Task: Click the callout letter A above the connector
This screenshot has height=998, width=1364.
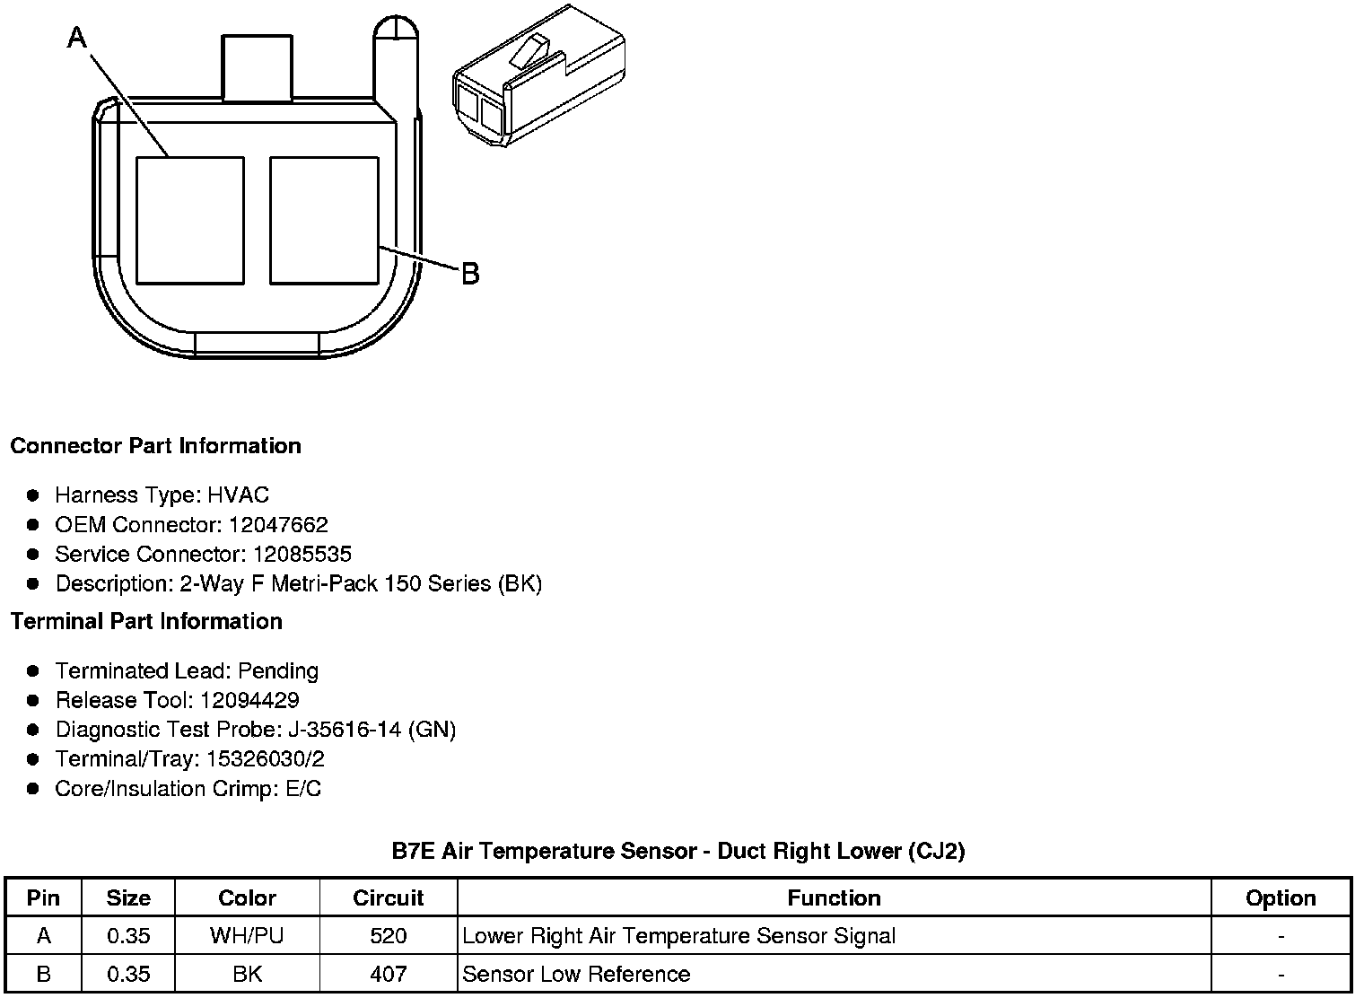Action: pyautogui.click(x=77, y=38)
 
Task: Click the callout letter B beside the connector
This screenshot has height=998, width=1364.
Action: pyautogui.click(x=470, y=274)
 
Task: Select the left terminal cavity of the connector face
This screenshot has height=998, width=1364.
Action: pyautogui.click(x=190, y=221)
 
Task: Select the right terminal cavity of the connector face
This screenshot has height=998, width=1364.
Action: pyautogui.click(x=324, y=221)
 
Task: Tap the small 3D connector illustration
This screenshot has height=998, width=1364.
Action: pyautogui.click(x=539, y=75)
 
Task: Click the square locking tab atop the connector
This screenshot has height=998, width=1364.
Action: pyautogui.click(x=257, y=67)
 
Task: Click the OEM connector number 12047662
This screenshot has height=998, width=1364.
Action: pyautogui.click(x=278, y=524)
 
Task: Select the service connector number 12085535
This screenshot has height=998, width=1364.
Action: pyautogui.click(x=302, y=554)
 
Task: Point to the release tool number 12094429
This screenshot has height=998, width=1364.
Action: pyautogui.click(x=249, y=700)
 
